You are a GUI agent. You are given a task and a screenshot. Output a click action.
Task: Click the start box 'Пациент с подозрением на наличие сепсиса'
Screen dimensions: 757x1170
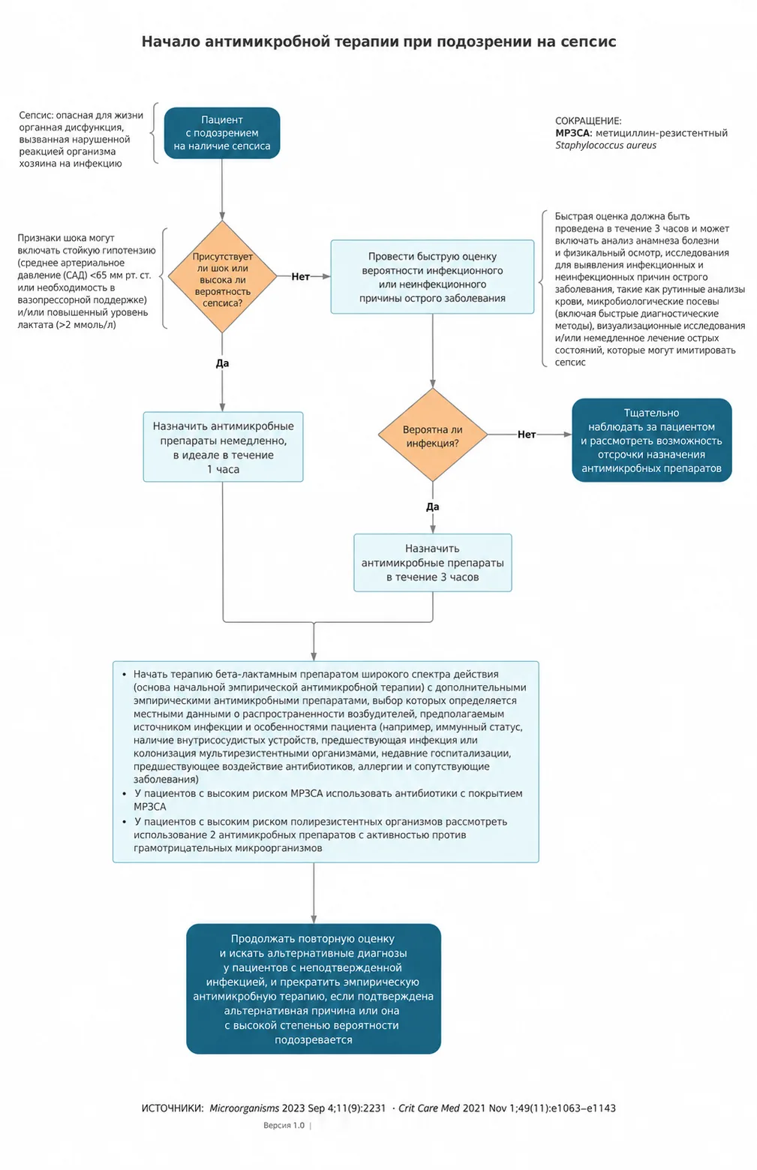pyautogui.click(x=222, y=133)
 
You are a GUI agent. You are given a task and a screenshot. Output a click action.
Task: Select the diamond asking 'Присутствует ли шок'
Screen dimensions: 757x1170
pyautogui.click(x=222, y=276)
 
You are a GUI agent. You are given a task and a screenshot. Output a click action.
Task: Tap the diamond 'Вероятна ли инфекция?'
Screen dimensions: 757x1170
pyautogui.click(x=433, y=435)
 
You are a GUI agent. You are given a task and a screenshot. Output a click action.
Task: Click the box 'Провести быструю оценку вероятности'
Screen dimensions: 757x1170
pyautogui.click(x=432, y=277)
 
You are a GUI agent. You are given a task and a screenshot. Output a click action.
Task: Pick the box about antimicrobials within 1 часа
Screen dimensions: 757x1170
pyautogui.click(x=223, y=447)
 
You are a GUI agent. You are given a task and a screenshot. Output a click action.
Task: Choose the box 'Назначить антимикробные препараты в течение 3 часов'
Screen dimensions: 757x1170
pyautogui.click(x=433, y=563)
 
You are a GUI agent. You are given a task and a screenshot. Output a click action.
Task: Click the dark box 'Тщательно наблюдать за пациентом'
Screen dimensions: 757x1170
pyautogui.click(x=651, y=441)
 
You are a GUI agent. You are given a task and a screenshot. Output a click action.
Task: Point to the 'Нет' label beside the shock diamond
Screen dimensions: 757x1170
pyautogui.click(x=300, y=277)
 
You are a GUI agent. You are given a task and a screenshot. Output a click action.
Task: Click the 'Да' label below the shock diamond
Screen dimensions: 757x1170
pyautogui.click(x=222, y=363)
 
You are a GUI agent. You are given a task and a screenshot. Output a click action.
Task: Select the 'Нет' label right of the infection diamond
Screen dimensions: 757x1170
pyautogui.click(x=526, y=435)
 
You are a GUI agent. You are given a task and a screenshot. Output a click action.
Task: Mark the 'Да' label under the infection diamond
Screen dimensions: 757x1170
pyautogui.click(x=433, y=507)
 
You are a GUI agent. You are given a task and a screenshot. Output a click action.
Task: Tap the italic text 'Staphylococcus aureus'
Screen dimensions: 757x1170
pyautogui.click(x=605, y=145)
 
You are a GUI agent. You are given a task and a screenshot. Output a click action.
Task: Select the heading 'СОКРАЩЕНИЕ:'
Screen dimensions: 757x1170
pyautogui.click(x=588, y=121)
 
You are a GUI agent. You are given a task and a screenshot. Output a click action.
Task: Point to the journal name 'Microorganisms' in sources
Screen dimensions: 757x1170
pyautogui.click(x=245, y=1108)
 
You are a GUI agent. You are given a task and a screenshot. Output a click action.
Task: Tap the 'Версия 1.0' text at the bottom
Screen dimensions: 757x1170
pyautogui.click(x=284, y=1125)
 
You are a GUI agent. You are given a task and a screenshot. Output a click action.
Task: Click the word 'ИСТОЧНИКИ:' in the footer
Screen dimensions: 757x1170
pyautogui.click(x=173, y=1108)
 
